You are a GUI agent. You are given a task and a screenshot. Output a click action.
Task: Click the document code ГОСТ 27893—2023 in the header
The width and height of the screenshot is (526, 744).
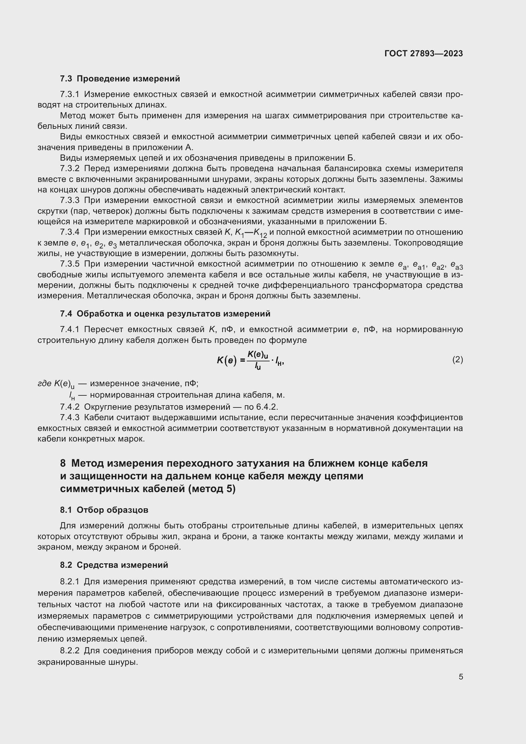pyautogui.click(x=424, y=54)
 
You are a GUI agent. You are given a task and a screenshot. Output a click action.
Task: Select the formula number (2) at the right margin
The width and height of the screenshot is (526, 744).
pyautogui.click(x=457, y=359)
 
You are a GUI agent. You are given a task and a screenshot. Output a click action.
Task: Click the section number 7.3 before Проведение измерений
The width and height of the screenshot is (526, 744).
pyautogui.click(x=66, y=79)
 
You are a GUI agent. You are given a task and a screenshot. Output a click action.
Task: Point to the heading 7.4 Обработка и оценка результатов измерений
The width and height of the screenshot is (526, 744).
pyautogui.click(x=165, y=314)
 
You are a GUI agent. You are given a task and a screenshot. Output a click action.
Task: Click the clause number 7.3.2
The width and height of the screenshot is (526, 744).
pyautogui.click(x=70, y=169)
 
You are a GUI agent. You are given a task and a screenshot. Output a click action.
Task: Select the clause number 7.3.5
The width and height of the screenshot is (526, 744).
pyautogui.click(x=70, y=264)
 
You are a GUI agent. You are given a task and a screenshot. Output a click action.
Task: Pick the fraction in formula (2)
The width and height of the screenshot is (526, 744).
pyautogui.click(x=258, y=360)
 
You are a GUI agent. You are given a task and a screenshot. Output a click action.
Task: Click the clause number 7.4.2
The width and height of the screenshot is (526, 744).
pyautogui.click(x=70, y=407)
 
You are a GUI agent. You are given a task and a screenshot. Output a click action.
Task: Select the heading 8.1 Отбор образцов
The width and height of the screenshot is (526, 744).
pyautogui.click(x=104, y=510)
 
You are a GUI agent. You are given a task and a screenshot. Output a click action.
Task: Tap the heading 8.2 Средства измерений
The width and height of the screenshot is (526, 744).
pyautogui.click(x=114, y=565)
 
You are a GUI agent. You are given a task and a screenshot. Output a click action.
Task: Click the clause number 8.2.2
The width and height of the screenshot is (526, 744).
pyautogui.click(x=70, y=651)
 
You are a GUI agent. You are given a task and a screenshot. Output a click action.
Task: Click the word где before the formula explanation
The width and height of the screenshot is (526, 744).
pyautogui.click(x=45, y=384)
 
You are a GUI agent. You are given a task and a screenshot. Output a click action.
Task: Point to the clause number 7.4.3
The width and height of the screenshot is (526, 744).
pyautogui.click(x=70, y=417)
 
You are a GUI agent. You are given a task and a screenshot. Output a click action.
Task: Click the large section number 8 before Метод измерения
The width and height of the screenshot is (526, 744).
pyautogui.click(x=63, y=463)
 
